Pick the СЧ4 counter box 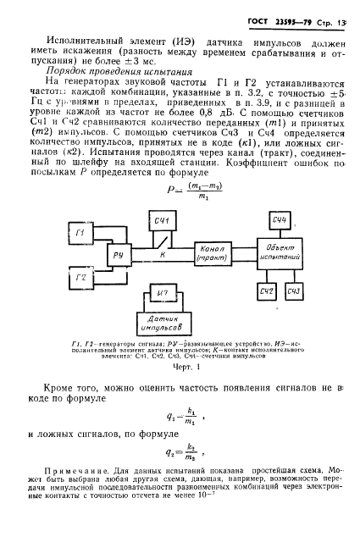click(x=280, y=221)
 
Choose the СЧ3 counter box click(x=296, y=291)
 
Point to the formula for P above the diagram click(x=180, y=195)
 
